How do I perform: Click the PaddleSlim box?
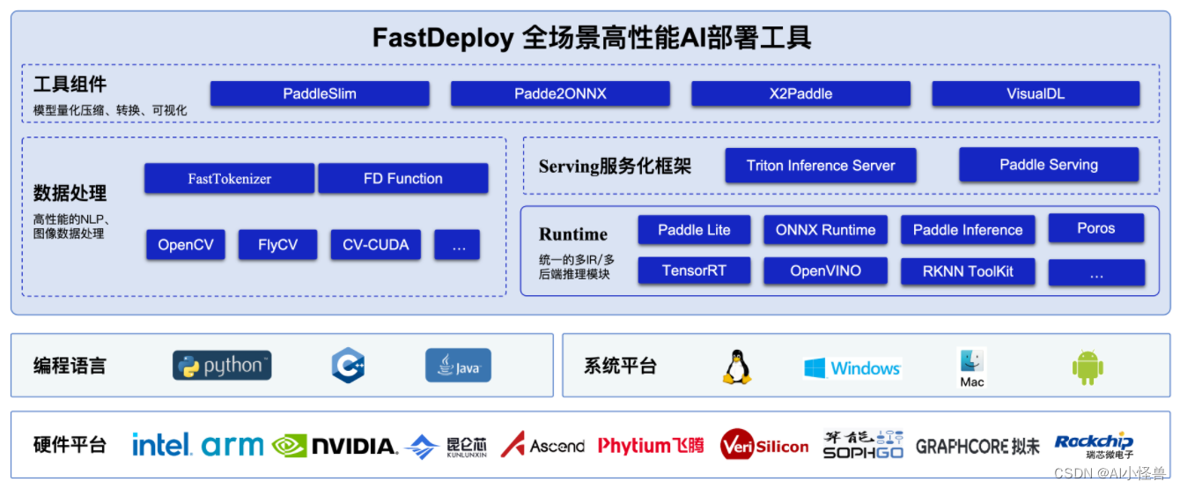[320, 93]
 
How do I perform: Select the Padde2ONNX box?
[560, 93]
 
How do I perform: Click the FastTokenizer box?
[229, 179]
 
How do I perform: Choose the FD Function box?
[402, 179]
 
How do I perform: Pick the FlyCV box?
[277, 245]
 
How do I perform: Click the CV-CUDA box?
[376, 245]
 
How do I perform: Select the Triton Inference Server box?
[820, 166]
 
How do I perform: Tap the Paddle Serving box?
[1048, 165]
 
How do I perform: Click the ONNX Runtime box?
[825, 230]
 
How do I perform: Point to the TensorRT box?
[694, 271]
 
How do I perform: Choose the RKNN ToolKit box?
[967, 271]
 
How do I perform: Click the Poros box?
[1095, 228]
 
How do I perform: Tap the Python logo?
[222, 366]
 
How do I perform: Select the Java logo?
[458, 366]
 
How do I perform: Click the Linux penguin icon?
[736, 367]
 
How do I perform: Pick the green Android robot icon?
[1088, 367]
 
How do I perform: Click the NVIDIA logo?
[335, 446]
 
